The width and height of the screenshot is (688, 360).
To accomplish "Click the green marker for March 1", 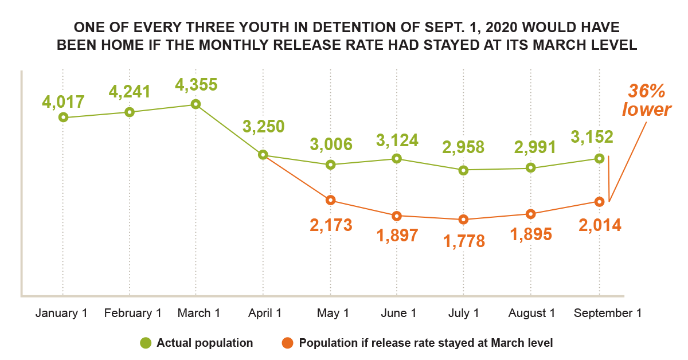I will coord(196,104).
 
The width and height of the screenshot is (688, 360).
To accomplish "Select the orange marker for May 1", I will coord(330,200).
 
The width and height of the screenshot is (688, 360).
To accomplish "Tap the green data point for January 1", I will coord(64,117).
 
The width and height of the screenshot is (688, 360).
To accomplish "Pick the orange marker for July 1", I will coord(464,220).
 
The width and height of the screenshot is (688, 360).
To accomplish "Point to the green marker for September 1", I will coord(599,158).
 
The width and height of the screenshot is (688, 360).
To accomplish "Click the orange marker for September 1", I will coord(599,202).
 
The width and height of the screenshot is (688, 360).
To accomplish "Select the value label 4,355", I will coord(196,85).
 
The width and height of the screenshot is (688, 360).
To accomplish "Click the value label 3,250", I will coord(263,126).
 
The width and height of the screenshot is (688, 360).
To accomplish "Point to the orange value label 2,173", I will coord(331,225).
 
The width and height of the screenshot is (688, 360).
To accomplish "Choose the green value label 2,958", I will coord(463,146).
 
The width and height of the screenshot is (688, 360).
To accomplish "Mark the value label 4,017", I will coord(63,102).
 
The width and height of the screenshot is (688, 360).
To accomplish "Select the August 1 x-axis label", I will coord(531,314).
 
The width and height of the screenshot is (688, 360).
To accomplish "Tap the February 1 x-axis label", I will coord(132,314).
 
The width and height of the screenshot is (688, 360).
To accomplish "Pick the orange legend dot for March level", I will coord(288,343).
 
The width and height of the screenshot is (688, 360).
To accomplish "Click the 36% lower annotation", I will coord(647,100).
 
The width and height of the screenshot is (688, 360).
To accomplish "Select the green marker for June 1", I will coord(396,158).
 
